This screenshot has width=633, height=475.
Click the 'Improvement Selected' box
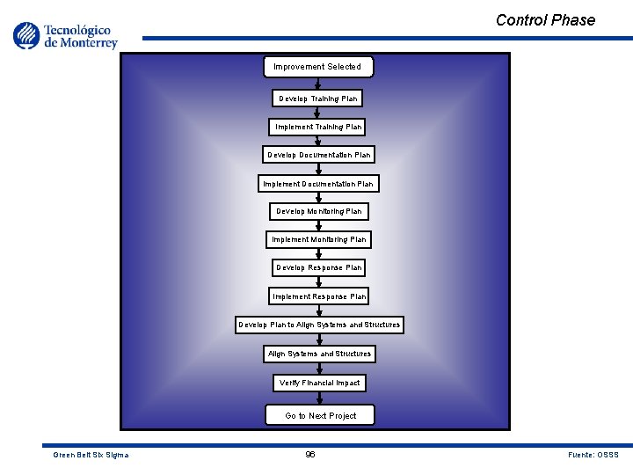point(317,67)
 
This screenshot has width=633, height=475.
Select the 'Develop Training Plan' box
point(318,99)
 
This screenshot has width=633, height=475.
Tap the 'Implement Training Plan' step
point(318,127)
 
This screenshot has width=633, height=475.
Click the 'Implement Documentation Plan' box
point(318,184)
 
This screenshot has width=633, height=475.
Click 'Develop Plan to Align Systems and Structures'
point(319,325)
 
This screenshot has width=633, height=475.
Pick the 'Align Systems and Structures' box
point(319,354)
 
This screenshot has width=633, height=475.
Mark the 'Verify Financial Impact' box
point(319,383)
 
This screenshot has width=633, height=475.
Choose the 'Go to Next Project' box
point(321,415)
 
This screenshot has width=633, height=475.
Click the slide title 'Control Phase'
point(545,20)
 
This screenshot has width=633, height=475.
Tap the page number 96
point(310,454)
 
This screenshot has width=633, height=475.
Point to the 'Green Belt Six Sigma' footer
point(91,455)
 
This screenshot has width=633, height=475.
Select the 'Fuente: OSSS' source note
point(593,455)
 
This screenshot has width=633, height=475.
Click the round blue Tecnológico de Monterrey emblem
point(27,35)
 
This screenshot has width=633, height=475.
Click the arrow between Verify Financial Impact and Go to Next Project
point(319,398)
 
